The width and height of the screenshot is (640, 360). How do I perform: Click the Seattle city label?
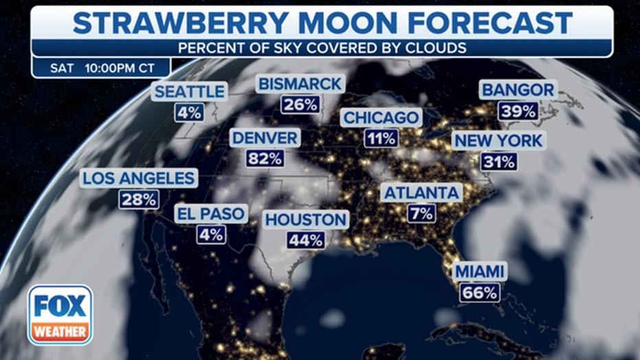[189, 91]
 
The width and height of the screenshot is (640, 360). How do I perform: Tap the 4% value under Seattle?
[189, 112]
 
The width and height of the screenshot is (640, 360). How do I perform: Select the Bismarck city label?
[299, 84]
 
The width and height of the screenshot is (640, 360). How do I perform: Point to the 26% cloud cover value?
[299, 104]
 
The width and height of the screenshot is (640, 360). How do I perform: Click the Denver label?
[265, 137]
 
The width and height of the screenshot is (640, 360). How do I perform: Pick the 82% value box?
[265, 159]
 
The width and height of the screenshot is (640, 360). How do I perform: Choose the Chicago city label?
[381, 117]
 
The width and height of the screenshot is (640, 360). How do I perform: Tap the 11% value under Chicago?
[381, 138]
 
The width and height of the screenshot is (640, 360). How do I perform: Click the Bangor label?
[518, 90]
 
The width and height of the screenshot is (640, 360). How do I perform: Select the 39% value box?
[518, 111]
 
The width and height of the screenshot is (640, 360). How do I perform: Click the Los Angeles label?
[139, 179]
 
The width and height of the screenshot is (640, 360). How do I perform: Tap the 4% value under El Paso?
[211, 234]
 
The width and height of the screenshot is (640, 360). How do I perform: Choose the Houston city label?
[306, 220]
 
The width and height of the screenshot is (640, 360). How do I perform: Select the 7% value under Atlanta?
[420, 214]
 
